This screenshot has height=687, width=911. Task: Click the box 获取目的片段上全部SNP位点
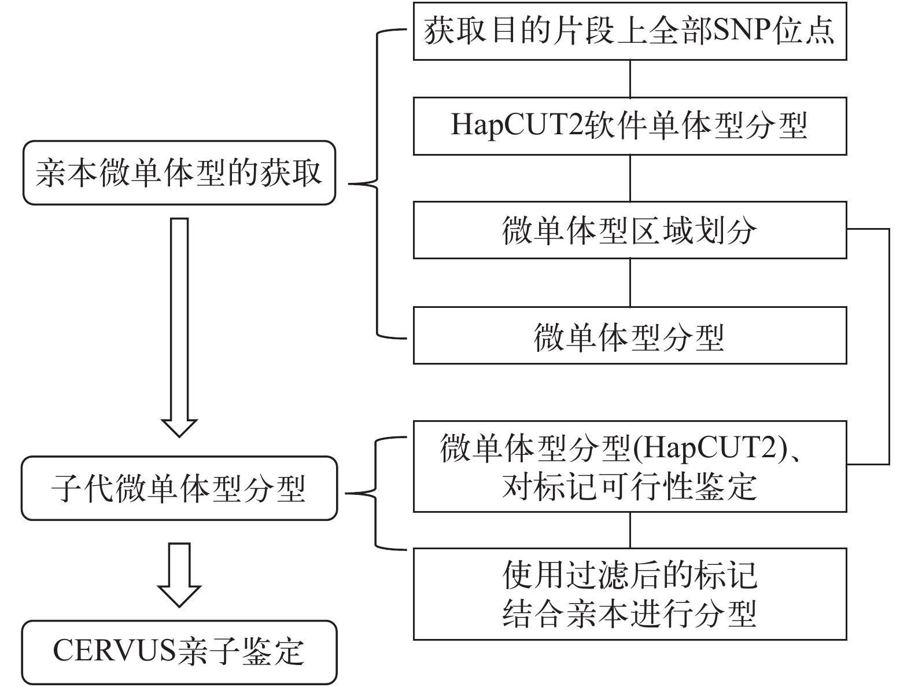coord(629,32)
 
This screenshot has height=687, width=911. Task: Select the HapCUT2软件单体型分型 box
coord(629,126)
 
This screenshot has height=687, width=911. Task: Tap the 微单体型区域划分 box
coord(629,230)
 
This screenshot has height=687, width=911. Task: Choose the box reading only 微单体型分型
coord(629,336)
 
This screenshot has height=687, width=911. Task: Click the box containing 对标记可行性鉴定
coord(629,467)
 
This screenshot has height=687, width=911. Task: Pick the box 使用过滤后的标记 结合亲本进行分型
coord(629,594)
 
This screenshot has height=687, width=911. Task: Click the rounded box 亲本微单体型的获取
coord(179,173)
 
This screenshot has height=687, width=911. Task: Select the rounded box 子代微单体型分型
coord(179,488)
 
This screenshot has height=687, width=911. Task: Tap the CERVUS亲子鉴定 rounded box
coord(179,652)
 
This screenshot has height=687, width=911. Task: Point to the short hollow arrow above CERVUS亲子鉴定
coord(179,574)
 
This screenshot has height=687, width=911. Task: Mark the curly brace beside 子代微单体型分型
coord(377,493)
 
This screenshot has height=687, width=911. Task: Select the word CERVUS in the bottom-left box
coord(114,652)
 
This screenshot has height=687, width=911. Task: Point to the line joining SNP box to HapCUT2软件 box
coord(630,79)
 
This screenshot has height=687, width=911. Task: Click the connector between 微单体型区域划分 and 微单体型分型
coord(630,282)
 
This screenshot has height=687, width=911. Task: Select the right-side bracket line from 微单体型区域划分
coord(888,347)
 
